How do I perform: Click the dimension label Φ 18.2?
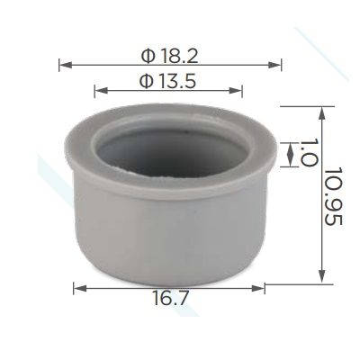pos(169,56)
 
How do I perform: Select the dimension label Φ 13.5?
pos(168,81)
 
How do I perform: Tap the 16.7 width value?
pos(171,298)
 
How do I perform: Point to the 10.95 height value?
pos(333,196)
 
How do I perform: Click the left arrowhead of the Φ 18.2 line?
pos(66,65)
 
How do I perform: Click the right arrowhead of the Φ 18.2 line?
pos(274,65)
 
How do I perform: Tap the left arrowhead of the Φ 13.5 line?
pos(101,91)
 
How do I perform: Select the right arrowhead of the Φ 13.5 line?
pos(236,91)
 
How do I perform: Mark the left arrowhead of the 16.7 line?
pos(80,289)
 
